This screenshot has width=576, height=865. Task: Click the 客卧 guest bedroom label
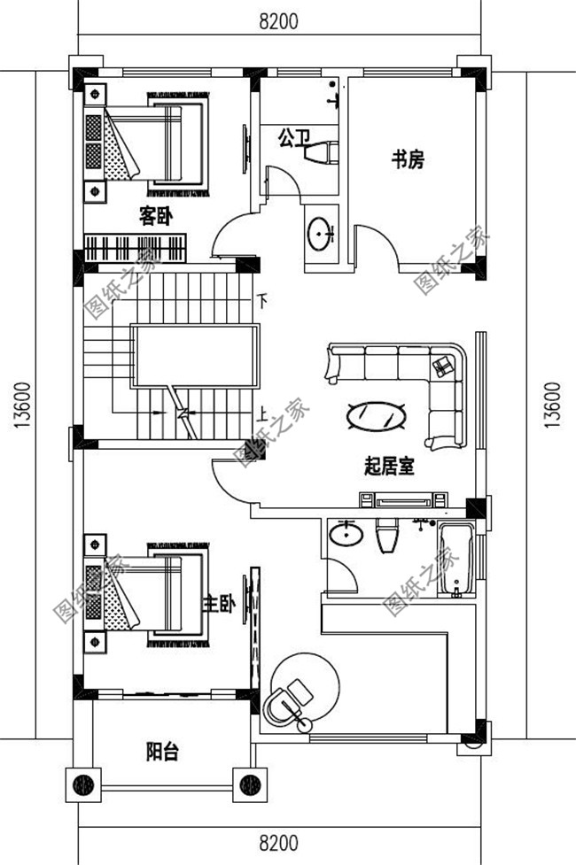[154, 215]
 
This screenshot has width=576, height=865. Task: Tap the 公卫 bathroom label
[294, 137]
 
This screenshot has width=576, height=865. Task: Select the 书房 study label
[409, 159]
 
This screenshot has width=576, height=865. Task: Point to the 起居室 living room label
[389, 466]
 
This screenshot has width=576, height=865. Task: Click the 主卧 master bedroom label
[219, 604]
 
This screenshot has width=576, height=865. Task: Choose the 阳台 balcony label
[162, 753]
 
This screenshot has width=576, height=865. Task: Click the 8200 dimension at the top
[278, 19]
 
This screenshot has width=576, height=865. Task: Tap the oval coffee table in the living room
[377, 413]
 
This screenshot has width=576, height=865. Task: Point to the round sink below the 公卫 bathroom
[320, 234]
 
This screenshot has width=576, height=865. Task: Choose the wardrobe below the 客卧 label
[136, 247]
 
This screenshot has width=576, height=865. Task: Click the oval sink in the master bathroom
[346, 535]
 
